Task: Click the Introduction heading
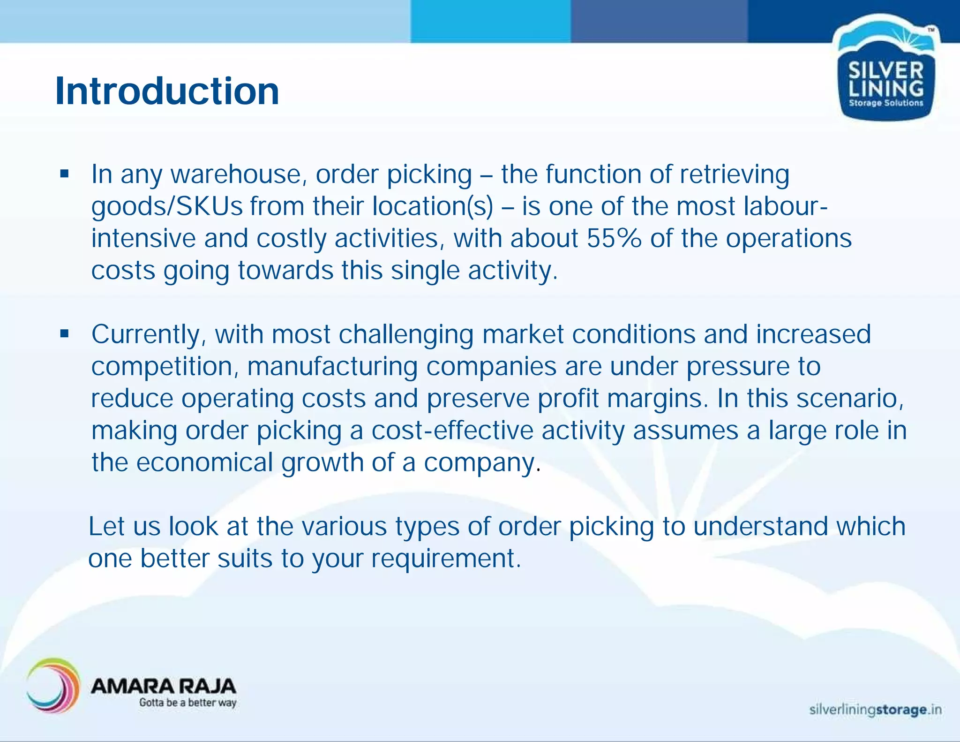click(167, 91)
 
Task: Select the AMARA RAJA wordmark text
click(163, 686)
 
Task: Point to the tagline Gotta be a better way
click(187, 703)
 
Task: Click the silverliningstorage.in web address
click(875, 710)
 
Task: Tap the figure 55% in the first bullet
click(614, 238)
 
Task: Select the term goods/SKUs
click(167, 206)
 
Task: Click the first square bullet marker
click(65, 174)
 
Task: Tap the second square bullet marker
click(65, 334)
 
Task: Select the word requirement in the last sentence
click(445, 559)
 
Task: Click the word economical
click(204, 462)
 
